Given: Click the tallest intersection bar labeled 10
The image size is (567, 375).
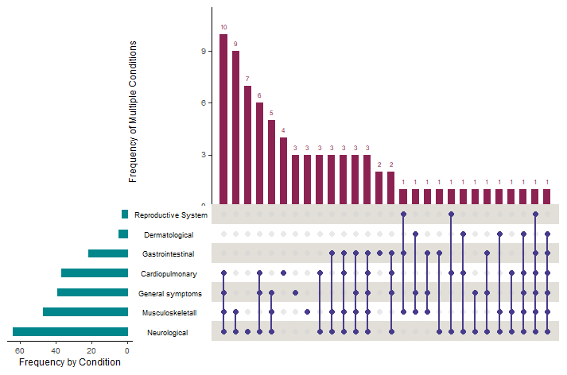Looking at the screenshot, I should click(223, 119).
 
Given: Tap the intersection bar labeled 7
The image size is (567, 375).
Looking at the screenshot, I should click(247, 145).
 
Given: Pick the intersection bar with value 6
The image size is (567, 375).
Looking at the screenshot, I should click(259, 153).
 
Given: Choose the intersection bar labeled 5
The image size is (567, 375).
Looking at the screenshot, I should click(271, 162).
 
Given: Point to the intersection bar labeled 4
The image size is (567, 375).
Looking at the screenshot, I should click(283, 171).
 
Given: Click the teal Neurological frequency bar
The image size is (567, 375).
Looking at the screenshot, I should click(70, 332).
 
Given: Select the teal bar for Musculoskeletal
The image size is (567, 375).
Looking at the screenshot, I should click(85, 312).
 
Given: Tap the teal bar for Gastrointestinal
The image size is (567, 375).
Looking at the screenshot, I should click(108, 253).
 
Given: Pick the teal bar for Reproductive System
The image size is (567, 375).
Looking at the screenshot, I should click(125, 215).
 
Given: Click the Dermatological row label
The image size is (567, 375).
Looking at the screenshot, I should click(169, 235).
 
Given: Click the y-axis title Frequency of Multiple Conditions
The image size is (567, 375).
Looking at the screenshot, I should click(133, 111).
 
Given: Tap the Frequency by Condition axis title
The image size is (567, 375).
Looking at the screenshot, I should click(69, 362).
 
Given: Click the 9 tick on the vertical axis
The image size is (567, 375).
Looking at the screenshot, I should click(204, 52).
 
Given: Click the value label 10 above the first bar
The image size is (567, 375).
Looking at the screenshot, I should click(223, 27).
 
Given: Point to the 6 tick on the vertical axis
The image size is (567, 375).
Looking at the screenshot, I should click(204, 103).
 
